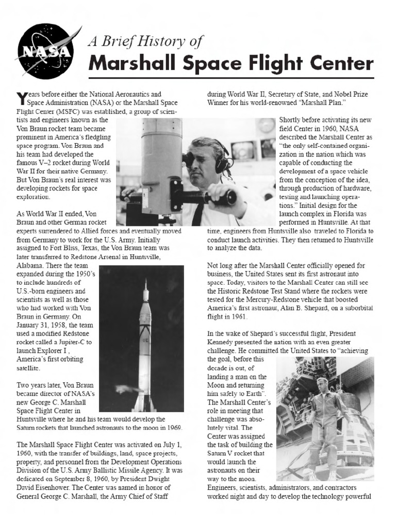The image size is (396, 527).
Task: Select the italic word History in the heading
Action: coord(160,42)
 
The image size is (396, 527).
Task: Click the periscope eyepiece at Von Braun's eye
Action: coord(189,160)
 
